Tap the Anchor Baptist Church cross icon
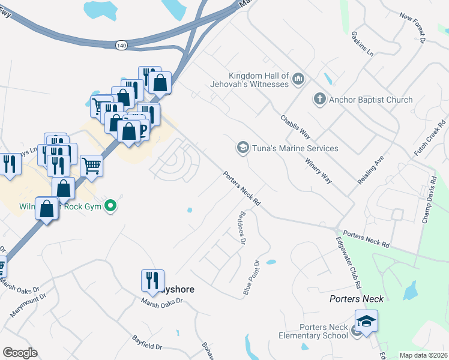321,99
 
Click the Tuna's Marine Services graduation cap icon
243,148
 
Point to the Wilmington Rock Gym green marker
110,206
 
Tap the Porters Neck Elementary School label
324,331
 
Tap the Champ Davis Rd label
432,200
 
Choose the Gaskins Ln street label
363,44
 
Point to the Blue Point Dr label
251,277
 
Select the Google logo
20,353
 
